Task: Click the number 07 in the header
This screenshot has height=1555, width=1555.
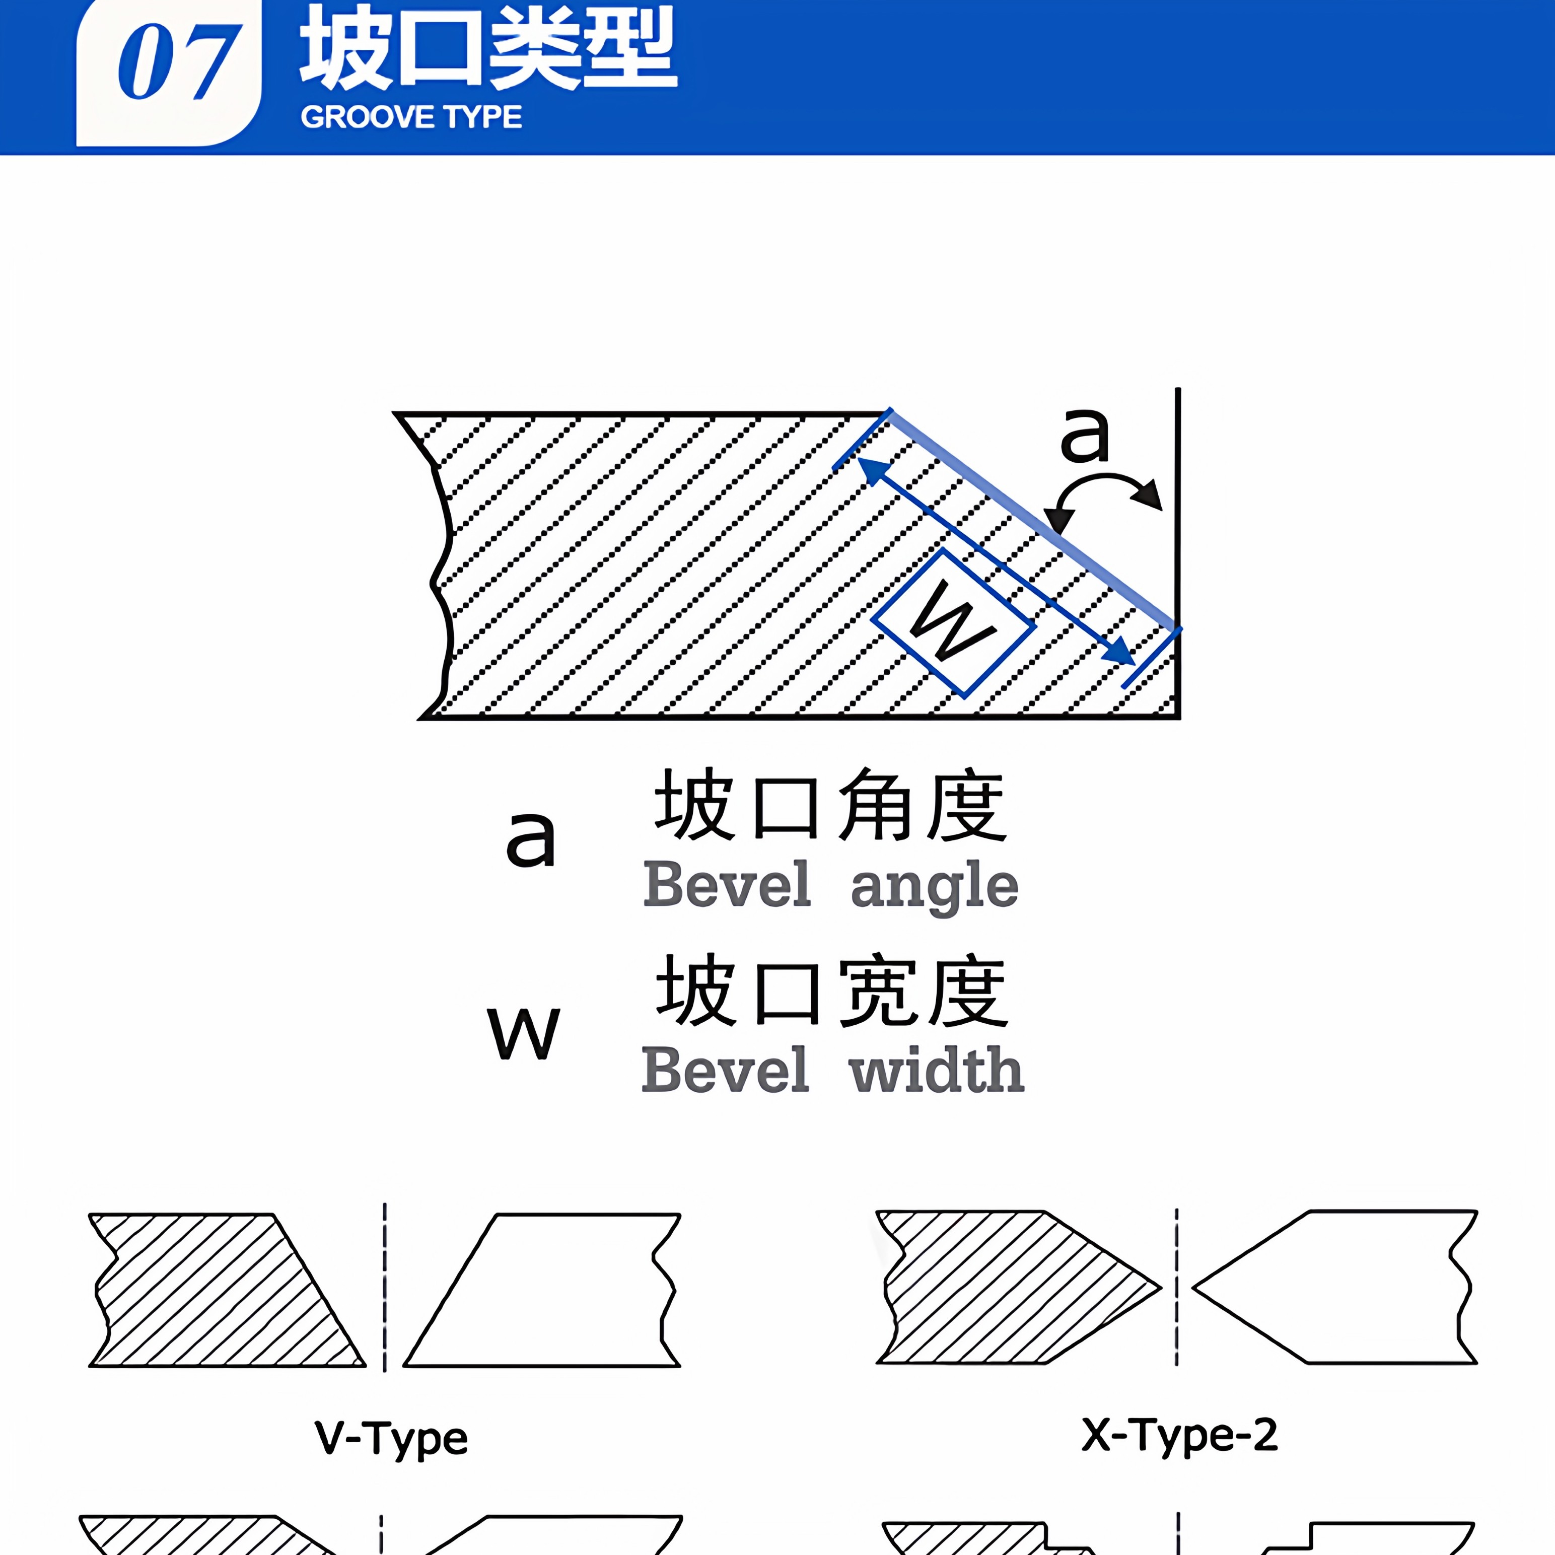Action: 177,63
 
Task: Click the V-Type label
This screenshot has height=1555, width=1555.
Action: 391,1438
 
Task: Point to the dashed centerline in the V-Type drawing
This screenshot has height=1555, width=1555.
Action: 385,1288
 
